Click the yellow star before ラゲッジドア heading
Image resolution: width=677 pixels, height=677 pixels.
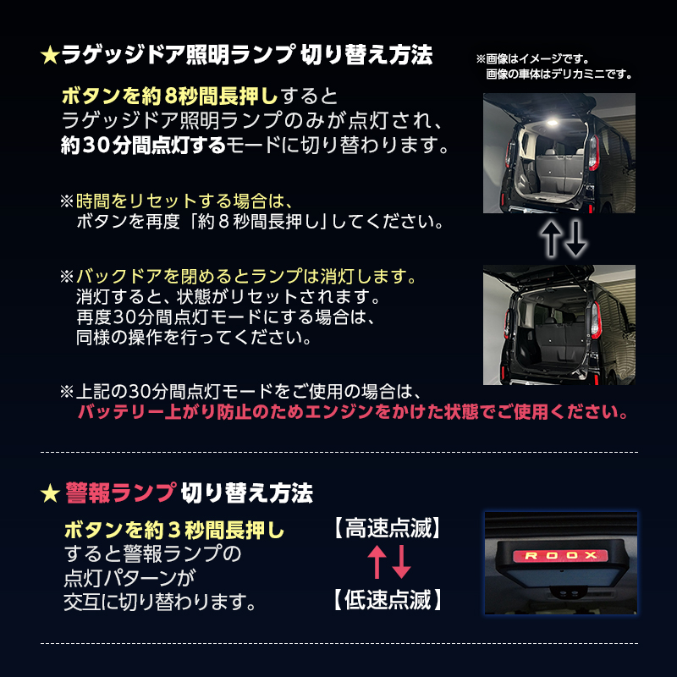click(50, 56)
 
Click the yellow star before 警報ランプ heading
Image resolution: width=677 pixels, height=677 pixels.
click(50, 491)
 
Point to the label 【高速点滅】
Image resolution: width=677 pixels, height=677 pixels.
click(387, 531)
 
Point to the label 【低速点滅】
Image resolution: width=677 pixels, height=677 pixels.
click(387, 602)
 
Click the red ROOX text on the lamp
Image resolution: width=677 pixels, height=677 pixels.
click(555, 556)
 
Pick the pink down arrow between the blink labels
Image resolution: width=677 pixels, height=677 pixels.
click(400, 565)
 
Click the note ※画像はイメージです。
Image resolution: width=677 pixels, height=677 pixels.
click(532, 59)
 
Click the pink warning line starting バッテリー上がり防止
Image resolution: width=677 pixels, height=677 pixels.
click(353, 414)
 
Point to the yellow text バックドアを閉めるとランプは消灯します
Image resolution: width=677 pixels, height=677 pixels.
click(246, 277)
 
